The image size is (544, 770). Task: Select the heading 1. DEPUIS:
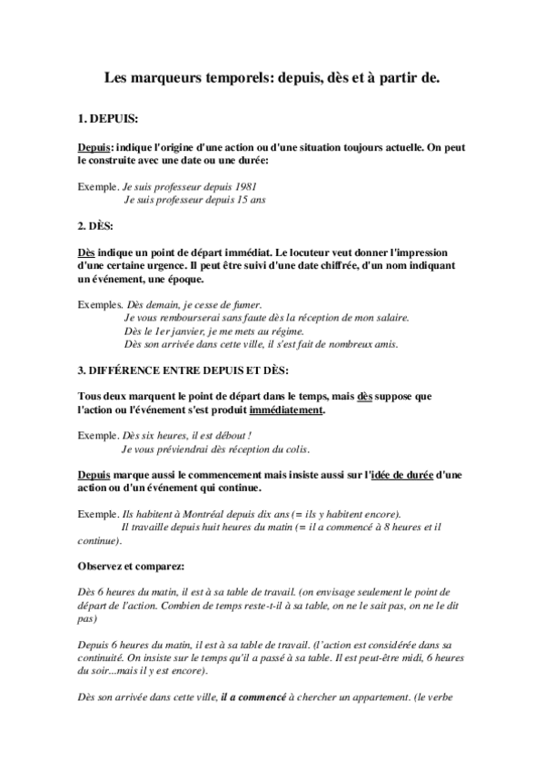108,119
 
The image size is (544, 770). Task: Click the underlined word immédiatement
287,410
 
